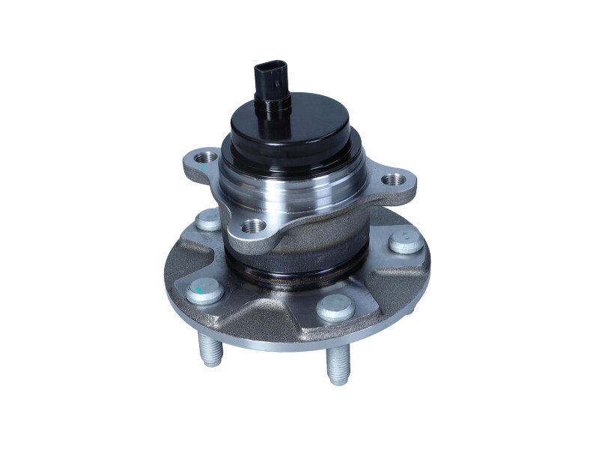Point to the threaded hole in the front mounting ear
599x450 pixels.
pyautogui.click(x=253, y=226)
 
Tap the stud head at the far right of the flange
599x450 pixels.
pyautogui.click(x=405, y=241)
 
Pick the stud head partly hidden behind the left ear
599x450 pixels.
pyautogui.click(x=208, y=219)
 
